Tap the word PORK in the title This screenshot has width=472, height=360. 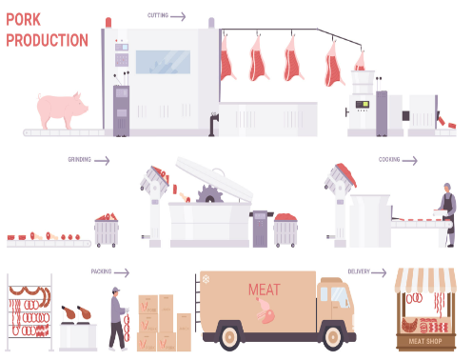[24, 20]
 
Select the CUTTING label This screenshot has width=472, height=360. [158, 15]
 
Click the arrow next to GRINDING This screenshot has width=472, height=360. [102, 161]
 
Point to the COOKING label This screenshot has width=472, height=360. [389, 159]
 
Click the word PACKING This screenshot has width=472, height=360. [101, 271]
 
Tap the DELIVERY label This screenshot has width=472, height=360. [359, 271]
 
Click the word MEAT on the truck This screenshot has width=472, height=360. [265, 290]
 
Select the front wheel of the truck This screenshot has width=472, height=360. [333, 337]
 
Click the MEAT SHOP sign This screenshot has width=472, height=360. [425, 341]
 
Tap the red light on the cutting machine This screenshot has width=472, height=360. [108, 23]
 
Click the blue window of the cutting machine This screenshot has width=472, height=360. [163, 62]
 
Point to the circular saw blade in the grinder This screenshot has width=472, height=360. [209, 194]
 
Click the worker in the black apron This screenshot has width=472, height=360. [447, 214]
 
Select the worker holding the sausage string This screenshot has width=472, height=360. [118, 318]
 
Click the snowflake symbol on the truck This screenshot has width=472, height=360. [206, 279]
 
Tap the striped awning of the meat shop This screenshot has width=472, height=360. [425, 280]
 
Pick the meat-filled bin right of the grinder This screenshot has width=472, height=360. [285, 230]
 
